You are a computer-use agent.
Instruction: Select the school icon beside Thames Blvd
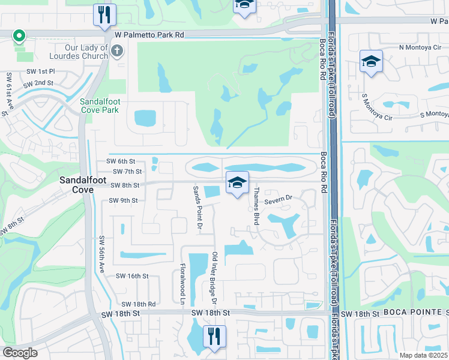point(238,182)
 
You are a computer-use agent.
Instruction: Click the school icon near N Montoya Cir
point(371,61)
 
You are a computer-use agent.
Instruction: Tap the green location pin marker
point(19,37)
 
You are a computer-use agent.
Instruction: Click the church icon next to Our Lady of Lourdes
point(116,52)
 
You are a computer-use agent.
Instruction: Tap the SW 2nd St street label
point(40,83)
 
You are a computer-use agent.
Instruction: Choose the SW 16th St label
point(131,276)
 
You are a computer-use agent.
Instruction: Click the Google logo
point(20,353)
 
